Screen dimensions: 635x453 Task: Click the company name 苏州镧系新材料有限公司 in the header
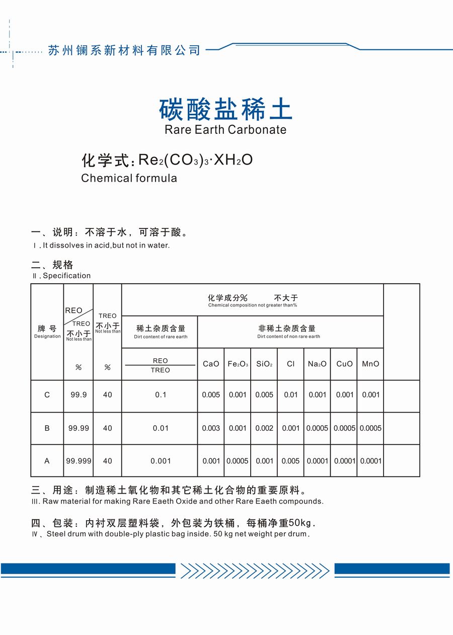click(124, 50)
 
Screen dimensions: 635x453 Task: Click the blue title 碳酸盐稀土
click(225, 109)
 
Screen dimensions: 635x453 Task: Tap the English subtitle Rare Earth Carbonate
click(225, 129)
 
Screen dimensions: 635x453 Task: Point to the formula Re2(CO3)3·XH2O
click(195, 160)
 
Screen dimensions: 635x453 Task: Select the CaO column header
click(211, 364)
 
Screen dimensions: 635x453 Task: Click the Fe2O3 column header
click(238, 364)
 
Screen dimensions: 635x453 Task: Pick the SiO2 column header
click(264, 364)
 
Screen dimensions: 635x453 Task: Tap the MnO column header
click(370, 364)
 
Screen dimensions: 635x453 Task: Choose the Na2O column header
click(317, 364)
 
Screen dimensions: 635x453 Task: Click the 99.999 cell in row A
click(79, 461)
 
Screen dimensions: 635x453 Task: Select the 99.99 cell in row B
click(79, 428)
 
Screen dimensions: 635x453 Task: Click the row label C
click(47, 395)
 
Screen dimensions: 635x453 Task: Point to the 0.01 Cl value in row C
click(291, 395)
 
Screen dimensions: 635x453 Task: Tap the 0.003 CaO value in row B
click(211, 428)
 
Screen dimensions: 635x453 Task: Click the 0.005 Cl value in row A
click(291, 461)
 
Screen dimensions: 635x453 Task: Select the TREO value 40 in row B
click(108, 428)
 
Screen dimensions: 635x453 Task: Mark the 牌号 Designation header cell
click(47, 332)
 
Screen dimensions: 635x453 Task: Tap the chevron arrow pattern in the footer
click(255, 571)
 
